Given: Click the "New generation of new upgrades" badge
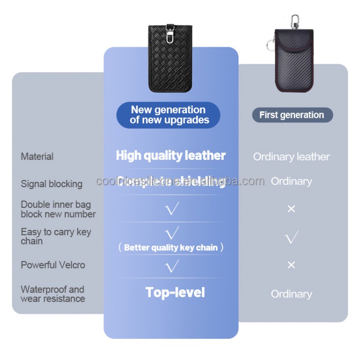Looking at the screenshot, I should pyautogui.click(x=168, y=115).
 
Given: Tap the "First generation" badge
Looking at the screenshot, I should pyautogui.click(x=292, y=115).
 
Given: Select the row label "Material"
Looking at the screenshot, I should pyautogui.click(x=37, y=157).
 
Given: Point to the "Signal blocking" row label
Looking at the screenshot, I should pyautogui.click(x=51, y=184).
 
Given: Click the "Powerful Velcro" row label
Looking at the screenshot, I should pyautogui.click(x=53, y=265).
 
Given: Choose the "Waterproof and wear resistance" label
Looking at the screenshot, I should pyautogui.click(x=52, y=294).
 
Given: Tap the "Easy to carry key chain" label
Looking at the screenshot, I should pyautogui.click(x=55, y=236).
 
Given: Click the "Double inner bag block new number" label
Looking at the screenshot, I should pyautogui.click(x=58, y=209).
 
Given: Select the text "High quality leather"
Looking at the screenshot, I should pyautogui.click(x=171, y=156).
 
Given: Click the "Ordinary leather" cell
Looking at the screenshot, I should pyautogui.click(x=291, y=157).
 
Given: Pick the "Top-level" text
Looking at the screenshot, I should pyautogui.click(x=175, y=292).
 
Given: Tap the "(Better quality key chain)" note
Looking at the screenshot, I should pyautogui.click(x=171, y=247).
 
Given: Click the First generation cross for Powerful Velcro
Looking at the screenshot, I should pyautogui.click(x=291, y=265).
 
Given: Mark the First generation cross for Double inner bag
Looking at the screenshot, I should pyautogui.click(x=291, y=209).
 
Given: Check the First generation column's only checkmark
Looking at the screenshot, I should pyautogui.click(x=292, y=237).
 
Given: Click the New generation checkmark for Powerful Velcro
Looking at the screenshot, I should pyautogui.click(x=171, y=266).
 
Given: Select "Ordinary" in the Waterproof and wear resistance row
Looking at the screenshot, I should pyautogui.click(x=291, y=294).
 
